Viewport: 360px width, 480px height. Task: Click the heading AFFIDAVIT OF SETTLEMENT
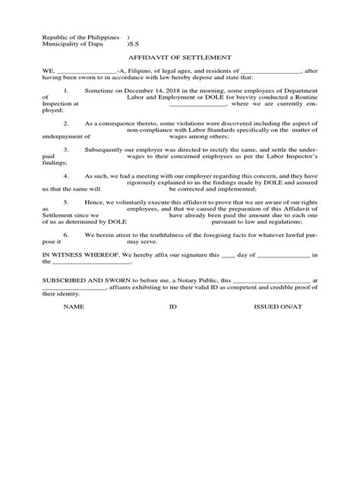[179, 56]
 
